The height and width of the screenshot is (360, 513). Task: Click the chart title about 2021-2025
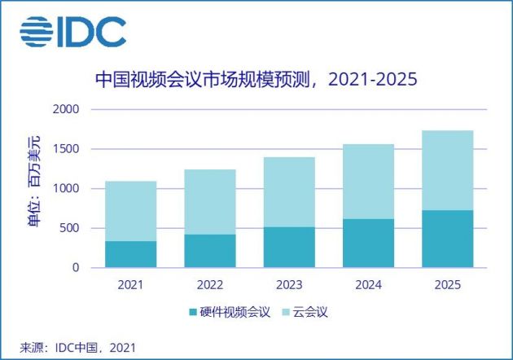click(x=256, y=79)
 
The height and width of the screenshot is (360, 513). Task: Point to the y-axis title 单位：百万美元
click(x=33, y=188)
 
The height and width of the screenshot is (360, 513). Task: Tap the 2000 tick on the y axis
click(x=68, y=109)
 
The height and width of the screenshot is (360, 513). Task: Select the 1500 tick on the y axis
click(x=68, y=149)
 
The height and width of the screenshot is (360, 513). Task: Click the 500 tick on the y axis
click(x=71, y=228)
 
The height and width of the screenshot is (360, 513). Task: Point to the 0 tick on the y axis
click(x=77, y=268)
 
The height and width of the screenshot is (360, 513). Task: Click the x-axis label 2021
click(x=130, y=284)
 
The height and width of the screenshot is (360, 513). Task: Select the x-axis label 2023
click(x=289, y=284)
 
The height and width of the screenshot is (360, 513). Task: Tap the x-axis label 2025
click(x=447, y=284)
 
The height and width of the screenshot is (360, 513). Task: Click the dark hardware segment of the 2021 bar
click(x=130, y=254)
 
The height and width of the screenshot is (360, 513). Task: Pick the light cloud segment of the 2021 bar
click(x=130, y=211)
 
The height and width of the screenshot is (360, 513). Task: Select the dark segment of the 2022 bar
click(x=209, y=251)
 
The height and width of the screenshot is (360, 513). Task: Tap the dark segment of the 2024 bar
click(x=368, y=243)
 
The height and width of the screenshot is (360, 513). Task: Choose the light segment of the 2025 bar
click(x=447, y=170)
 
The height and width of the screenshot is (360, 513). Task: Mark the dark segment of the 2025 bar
click(x=447, y=239)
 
